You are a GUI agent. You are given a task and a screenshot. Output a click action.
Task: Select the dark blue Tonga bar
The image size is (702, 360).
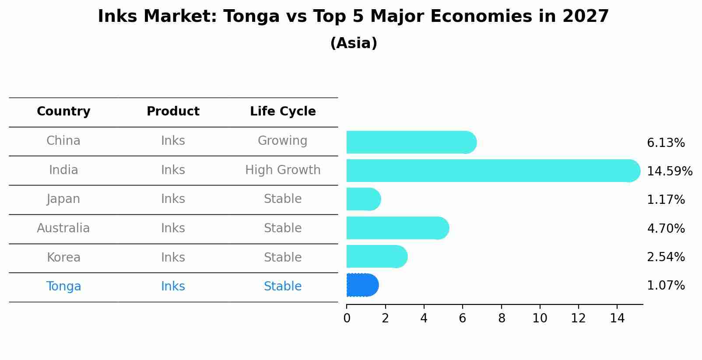[362, 285]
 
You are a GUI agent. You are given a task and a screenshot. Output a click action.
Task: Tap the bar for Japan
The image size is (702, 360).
[363, 199]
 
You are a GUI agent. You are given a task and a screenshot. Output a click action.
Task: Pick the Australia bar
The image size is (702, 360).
[397, 228]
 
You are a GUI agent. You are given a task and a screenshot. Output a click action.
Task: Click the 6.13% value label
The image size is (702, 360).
[665, 143]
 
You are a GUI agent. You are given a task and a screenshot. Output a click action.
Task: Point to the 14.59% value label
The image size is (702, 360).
[669, 171]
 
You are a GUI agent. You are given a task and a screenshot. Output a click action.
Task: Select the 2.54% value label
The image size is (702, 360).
[665, 257]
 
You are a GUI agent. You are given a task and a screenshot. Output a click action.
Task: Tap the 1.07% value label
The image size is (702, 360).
[665, 286]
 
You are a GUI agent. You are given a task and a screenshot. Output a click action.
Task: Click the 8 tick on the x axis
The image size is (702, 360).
[502, 318]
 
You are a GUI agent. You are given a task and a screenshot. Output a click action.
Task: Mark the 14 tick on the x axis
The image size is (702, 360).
[617, 318]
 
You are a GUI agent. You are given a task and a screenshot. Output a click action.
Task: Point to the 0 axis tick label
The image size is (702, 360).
[347, 318]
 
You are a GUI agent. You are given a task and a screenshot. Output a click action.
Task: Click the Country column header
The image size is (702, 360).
[63, 112]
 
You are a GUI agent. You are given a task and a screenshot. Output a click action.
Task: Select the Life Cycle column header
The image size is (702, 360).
[283, 112]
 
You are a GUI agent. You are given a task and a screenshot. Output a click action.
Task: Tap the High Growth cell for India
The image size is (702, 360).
[283, 170]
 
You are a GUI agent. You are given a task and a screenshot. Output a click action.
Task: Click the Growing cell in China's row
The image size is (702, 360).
[282, 141]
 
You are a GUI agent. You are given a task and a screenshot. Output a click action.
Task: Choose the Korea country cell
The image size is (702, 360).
[63, 257]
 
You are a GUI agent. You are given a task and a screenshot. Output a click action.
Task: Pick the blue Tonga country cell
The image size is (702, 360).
[63, 287]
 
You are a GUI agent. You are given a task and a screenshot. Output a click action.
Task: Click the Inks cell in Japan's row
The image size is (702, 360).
[173, 199]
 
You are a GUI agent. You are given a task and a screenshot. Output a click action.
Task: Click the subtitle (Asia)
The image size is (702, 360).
[353, 43]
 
